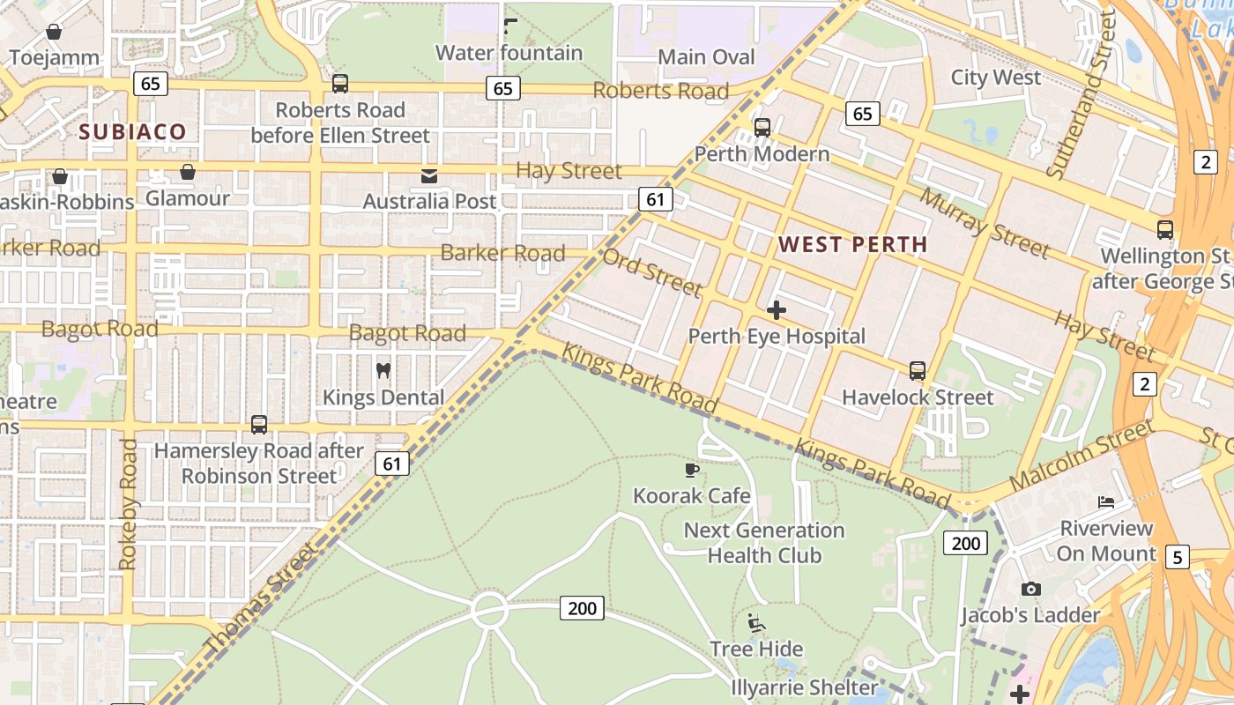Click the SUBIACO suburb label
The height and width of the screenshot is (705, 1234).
pos(133,132)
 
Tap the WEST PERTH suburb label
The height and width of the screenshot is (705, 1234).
pos(853,244)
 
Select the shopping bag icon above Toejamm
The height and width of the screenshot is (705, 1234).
pos(54,33)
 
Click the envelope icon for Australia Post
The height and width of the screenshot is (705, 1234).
pos(429,176)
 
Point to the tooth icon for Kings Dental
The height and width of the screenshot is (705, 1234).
pos(383,370)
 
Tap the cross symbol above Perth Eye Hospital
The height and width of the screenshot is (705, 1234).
pos(777,310)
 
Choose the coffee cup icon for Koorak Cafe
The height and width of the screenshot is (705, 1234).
pos(692,470)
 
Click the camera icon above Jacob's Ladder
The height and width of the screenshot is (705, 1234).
pos(1030,589)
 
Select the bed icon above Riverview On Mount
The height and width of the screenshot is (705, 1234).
pos(1106,502)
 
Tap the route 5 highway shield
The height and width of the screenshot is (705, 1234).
pos(1177,557)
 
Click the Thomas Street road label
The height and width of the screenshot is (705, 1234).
pos(261,599)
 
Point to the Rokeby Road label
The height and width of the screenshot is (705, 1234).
pos(129,504)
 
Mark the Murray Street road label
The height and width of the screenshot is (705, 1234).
pos(985,223)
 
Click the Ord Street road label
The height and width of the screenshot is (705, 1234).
pos(652,272)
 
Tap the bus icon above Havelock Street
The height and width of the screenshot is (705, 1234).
pos(918,371)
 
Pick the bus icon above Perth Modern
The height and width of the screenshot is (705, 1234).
pos(762,128)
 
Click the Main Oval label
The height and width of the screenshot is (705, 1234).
pos(707,57)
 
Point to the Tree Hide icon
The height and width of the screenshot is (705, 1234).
pos(756,623)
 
